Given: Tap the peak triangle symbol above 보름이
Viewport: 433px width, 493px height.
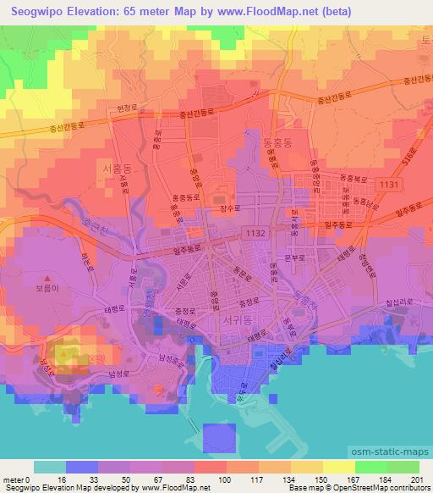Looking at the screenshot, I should click(x=48, y=280).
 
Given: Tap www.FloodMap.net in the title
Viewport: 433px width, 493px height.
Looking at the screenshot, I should click(x=262, y=11).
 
